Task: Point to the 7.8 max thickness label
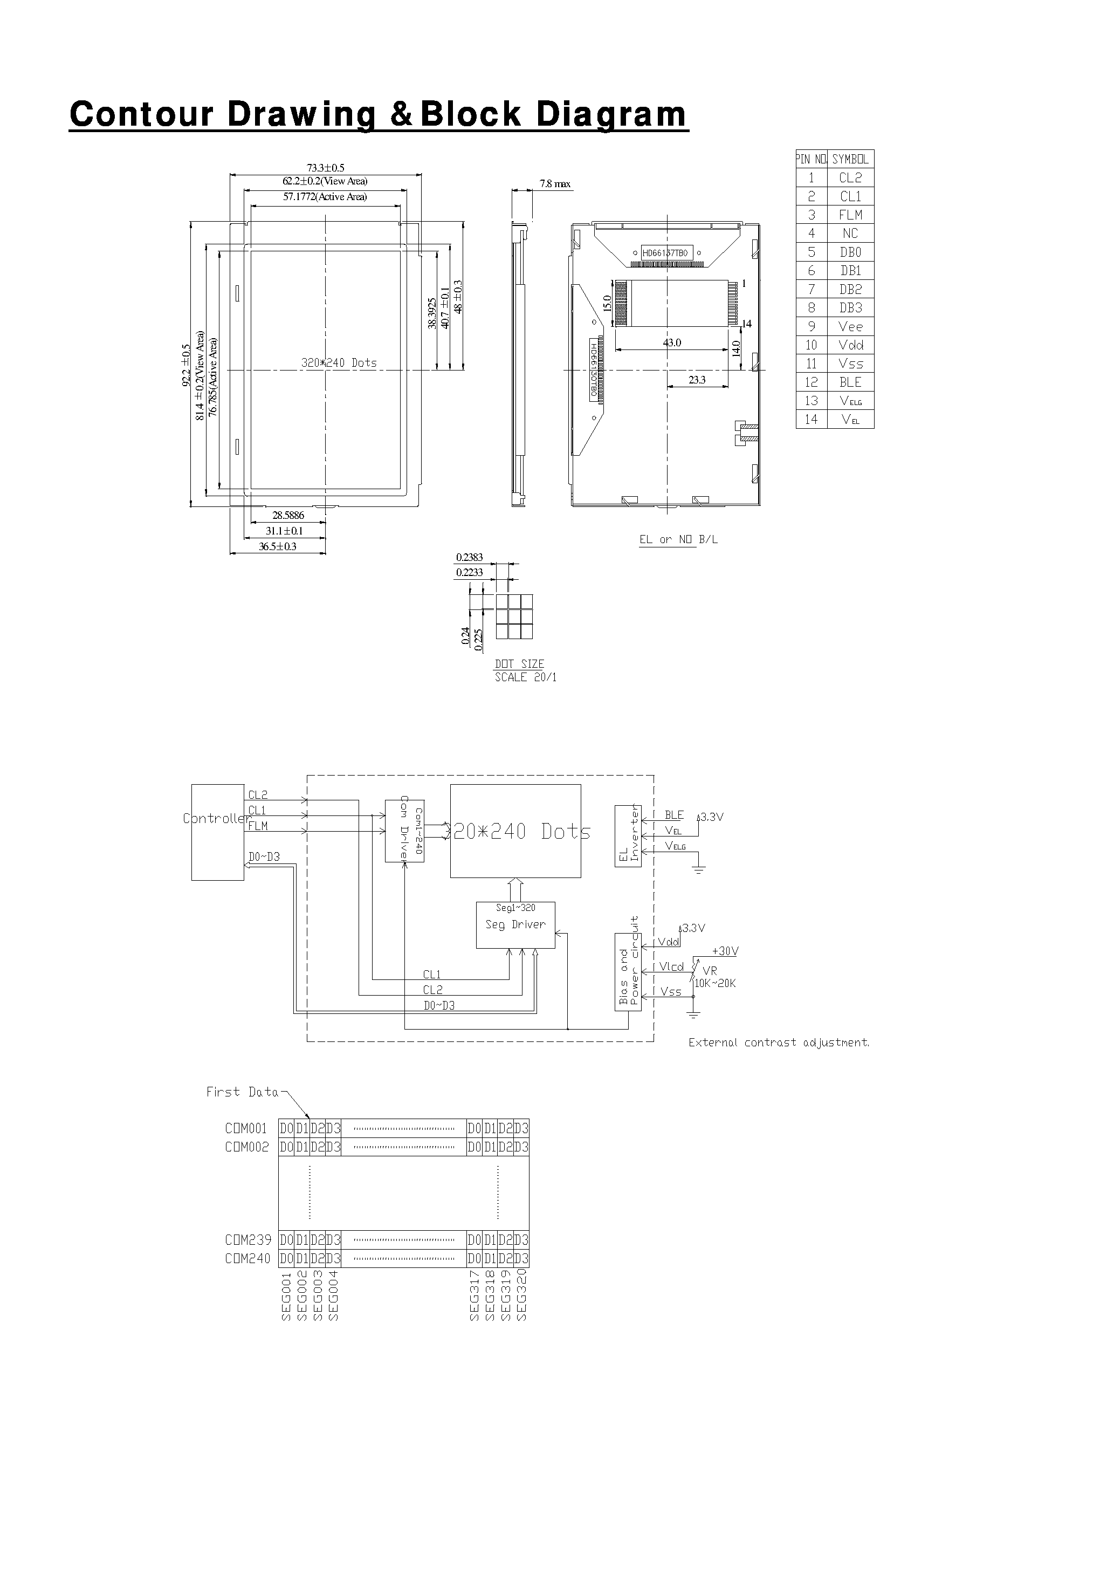(x=555, y=184)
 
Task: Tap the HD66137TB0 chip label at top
(x=665, y=253)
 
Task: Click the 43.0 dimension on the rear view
(x=672, y=342)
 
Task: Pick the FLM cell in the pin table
(x=850, y=215)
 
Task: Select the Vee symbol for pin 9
(x=850, y=327)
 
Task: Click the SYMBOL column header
(x=850, y=159)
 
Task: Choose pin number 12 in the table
(x=811, y=382)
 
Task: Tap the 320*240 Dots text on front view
(x=339, y=362)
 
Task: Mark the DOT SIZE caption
(x=519, y=663)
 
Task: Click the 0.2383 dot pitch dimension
(x=469, y=558)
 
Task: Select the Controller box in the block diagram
(x=218, y=831)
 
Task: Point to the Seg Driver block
(x=515, y=924)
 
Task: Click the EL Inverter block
(x=628, y=836)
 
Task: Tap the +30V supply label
(x=725, y=951)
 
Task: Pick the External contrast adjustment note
(x=779, y=1043)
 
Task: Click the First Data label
(x=243, y=1092)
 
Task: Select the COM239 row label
(x=248, y=1240)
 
